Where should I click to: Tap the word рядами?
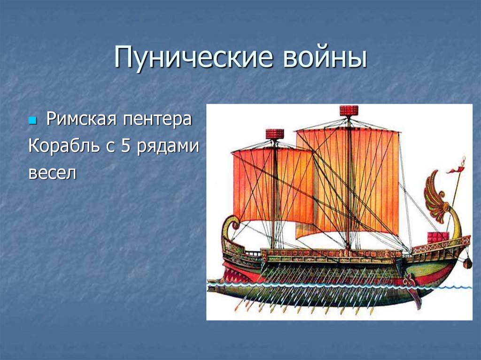click(x=168, y=147)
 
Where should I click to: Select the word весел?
click(x=52, y=173)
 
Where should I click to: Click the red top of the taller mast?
click(x=349, y=111)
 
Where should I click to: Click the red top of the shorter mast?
click(x=275, y=134)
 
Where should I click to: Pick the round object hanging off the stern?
click(x=467, y=263)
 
